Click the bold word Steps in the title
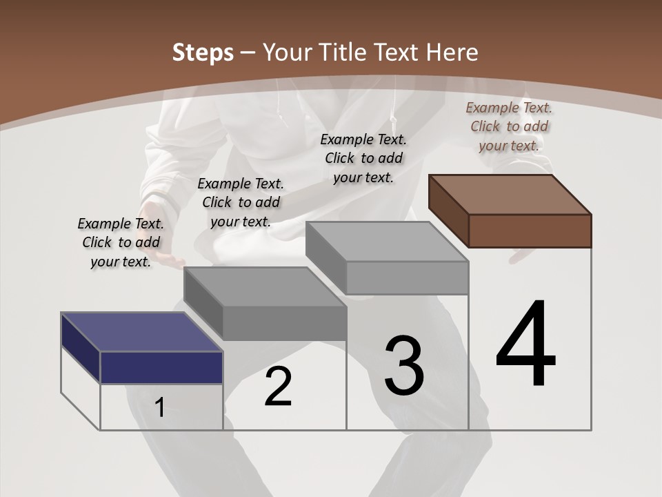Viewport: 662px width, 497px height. coord(203,52)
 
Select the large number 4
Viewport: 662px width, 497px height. coord(525,344)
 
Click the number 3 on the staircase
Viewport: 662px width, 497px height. coord(403,366)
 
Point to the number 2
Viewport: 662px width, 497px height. coord(278,387)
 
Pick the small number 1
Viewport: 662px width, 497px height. coord(159,408)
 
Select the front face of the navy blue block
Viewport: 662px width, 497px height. coord(161,367)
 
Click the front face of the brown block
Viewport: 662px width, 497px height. coord(530,231)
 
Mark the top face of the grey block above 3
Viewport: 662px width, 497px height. coord(388,242)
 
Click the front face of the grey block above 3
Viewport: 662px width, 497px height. coord(407,278)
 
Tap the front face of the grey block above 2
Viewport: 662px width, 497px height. coord(284,323)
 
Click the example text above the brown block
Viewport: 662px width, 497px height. coord(509,126)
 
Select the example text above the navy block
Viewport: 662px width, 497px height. coord(121,242)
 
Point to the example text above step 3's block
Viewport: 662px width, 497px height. coord(363,158)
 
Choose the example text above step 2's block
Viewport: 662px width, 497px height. coord(241,202)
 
